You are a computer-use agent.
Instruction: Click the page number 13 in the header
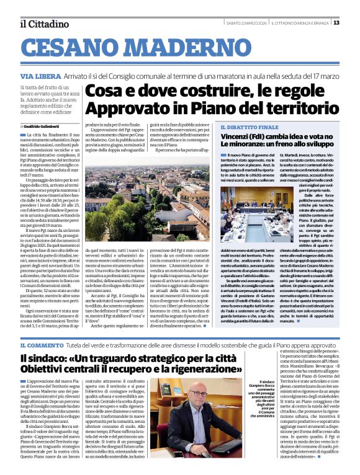336,23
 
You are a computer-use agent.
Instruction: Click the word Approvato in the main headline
121,107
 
